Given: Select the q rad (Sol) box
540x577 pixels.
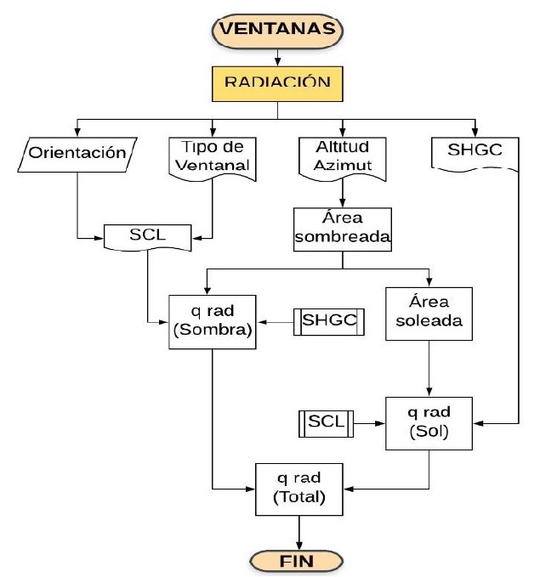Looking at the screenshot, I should point(427,421).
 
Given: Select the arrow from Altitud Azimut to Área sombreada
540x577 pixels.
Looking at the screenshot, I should point(341,194).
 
